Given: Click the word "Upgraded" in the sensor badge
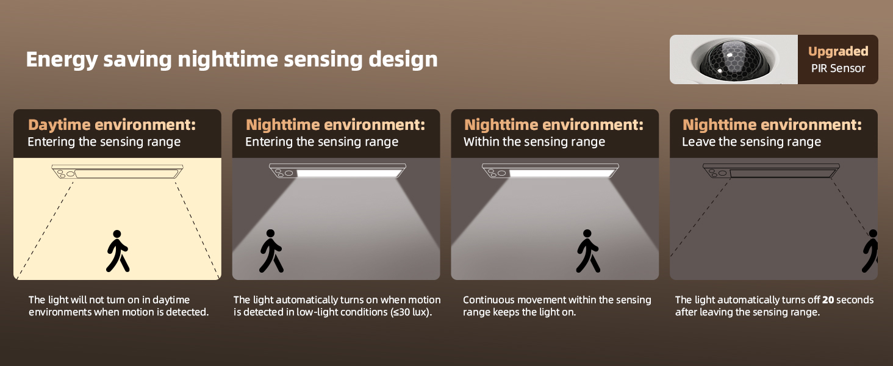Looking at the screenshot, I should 838,52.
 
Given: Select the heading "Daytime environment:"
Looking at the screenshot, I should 112,125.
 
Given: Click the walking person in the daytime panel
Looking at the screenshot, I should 118,251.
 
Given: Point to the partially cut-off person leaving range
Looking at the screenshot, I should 870,251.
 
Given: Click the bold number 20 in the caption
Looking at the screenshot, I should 828,300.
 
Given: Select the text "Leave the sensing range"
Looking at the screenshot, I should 751,142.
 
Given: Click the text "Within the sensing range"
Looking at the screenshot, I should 534,142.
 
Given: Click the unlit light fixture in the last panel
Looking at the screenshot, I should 771,171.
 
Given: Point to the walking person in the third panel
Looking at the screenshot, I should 588,251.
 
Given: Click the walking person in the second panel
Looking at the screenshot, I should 271,251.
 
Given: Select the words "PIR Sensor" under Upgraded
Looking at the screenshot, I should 838,68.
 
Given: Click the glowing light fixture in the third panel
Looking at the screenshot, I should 550,171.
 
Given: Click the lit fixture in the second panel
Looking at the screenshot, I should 337,171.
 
